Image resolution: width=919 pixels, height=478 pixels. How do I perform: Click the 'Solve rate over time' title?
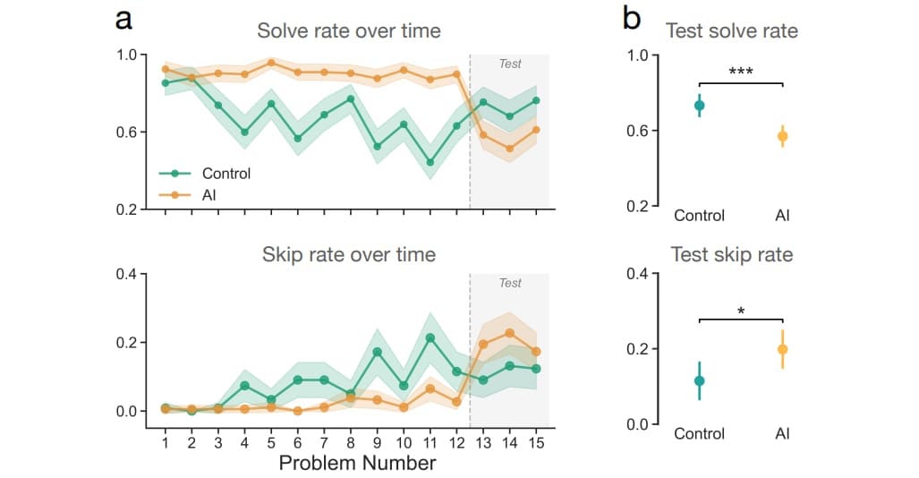click(x=349, y=30)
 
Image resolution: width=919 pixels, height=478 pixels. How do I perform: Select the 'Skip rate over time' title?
click(x=349, y=255)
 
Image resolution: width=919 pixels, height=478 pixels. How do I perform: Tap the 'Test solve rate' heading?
click(x=732, y=31)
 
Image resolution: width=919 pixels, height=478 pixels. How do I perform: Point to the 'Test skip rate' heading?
click(x=732, y=255)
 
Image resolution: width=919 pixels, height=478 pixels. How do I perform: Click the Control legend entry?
click(x=226, y=174)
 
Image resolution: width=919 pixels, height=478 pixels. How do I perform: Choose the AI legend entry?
click(x=210, y=193)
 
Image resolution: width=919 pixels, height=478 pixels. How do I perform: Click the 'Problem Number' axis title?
click(x=357, y=463)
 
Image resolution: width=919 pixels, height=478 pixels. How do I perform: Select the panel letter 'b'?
click(x=631, y=18)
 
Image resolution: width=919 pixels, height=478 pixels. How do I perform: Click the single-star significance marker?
click(x=741, y=311)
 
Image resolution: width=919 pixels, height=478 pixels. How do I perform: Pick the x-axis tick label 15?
click(x=536, y=442)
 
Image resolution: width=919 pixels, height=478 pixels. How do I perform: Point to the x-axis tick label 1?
click(x=165, y=442)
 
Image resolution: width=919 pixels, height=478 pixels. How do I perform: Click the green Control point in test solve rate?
click(x=699, y=106)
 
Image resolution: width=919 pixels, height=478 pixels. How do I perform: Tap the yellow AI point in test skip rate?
click(x=782, y=349)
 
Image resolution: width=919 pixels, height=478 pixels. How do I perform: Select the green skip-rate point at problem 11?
click(x=430, y=337)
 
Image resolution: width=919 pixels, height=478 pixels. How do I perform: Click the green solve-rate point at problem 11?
click(x=430, y=162)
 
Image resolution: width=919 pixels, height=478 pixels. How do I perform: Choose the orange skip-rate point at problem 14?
click(x=510, y=333)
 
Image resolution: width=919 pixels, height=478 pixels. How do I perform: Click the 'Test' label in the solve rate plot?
click(x=510, y=64)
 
